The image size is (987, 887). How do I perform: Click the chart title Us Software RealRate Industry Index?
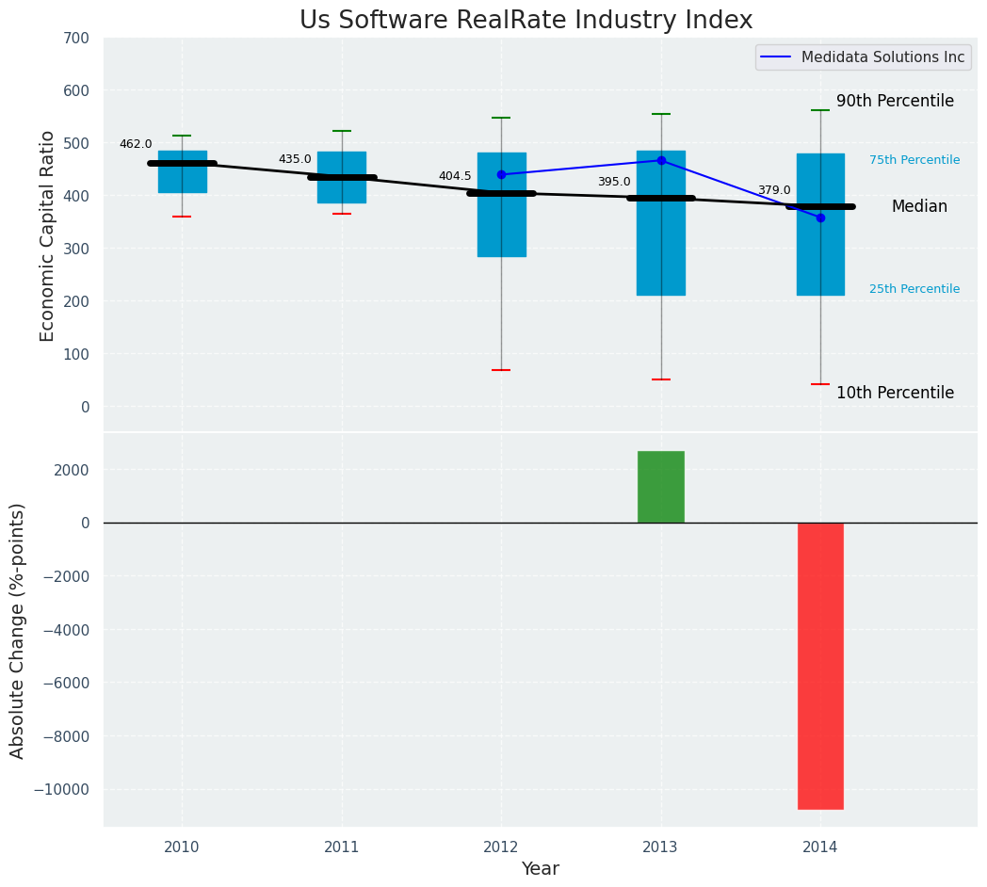(x=526, y=21)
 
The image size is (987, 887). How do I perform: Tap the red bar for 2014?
(x=820, y=665)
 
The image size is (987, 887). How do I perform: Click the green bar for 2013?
(x=661, y=487)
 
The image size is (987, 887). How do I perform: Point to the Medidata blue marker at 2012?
(x=501, y=174)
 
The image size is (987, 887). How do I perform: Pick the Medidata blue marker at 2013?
(x=661, y=160)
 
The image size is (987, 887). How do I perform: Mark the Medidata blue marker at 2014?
(x=820, y=218)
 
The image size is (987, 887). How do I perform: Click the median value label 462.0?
(x=136, y=144)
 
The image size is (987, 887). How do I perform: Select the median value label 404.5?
(x=455, y=176)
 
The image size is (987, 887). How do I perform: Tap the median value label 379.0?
(x=774, y=190)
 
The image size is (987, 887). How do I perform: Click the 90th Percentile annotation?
(x=895, y=101)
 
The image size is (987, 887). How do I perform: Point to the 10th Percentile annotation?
(x=895, y=393)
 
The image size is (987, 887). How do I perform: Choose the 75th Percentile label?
(x=914, y=160)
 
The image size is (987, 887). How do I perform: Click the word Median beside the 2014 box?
(x=919, y=206)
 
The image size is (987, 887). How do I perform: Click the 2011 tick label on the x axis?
(x=342, y=847)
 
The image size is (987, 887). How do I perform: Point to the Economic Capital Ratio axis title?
(x=48, y=235)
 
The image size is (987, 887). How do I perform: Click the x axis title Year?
(x=541, y=869)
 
